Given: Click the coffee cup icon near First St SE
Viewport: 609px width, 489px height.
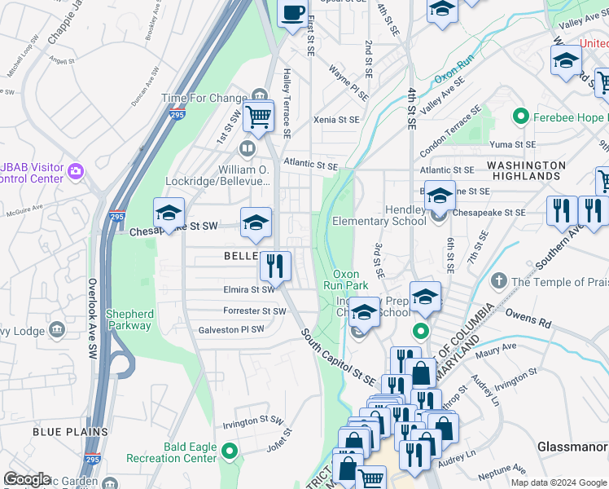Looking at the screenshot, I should (293, 13).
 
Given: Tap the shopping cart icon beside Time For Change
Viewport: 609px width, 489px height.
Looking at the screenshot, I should (258, 116).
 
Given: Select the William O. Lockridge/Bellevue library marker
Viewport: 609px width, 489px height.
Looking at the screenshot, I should (247, 148).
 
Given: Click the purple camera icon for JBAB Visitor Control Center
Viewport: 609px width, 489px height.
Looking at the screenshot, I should (77, 170).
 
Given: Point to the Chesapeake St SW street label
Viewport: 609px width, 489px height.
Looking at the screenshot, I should (174, 232).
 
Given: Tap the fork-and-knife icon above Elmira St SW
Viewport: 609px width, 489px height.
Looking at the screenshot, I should (275, 266).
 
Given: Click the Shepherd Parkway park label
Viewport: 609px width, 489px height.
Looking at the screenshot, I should (129, 319).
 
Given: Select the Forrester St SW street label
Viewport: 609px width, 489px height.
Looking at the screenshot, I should (255, 311).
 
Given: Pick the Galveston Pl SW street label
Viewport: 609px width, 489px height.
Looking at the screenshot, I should (232, 330).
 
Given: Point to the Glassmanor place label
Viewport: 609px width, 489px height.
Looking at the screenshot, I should (572, 447).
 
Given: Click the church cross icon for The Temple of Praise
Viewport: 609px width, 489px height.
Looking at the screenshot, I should (500, 282).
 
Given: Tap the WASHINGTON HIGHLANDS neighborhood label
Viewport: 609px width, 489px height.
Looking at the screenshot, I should (526, 170).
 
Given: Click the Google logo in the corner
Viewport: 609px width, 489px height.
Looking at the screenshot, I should (27, 479).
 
